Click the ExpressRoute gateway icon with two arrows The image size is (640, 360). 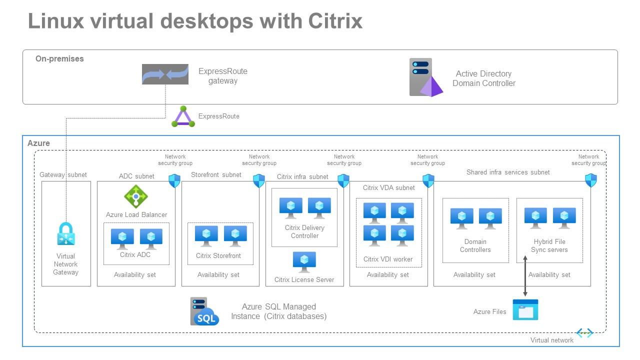tap(165, 74)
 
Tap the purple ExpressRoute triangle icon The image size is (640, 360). tap(183, 116)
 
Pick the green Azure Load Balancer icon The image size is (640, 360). tap(135, 196)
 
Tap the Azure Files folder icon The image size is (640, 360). tap(525, 310)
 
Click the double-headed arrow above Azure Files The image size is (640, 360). tap(525, 276)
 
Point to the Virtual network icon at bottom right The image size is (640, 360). tap(584, 333)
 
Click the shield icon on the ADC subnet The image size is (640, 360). tap(174, 180)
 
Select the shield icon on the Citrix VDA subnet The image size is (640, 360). tap(428, 180)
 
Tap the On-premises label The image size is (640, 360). tap(59, 59)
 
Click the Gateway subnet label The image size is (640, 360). tap(63, 175)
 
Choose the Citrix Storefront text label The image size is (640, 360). tap(218, 256)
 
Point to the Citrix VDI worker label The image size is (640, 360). tap(388, 259)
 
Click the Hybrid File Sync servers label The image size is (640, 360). tap(549, 245)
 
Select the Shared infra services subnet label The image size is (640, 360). tap(508, 172)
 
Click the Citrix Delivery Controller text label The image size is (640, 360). tap(304, 231)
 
